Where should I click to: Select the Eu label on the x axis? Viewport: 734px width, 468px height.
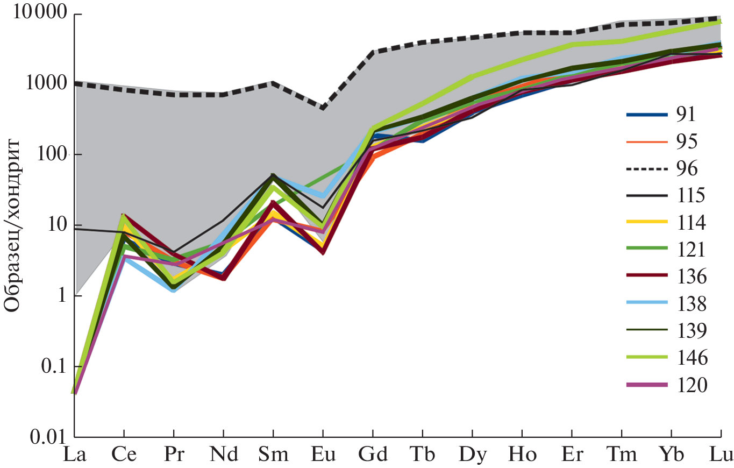point(323,455)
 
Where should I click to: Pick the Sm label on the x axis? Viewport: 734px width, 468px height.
point(273,455)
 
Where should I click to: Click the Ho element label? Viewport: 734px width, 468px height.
point(522,455)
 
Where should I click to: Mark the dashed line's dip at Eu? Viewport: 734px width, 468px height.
point(323,108)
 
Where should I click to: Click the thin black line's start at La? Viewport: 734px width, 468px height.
point(75,229)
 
